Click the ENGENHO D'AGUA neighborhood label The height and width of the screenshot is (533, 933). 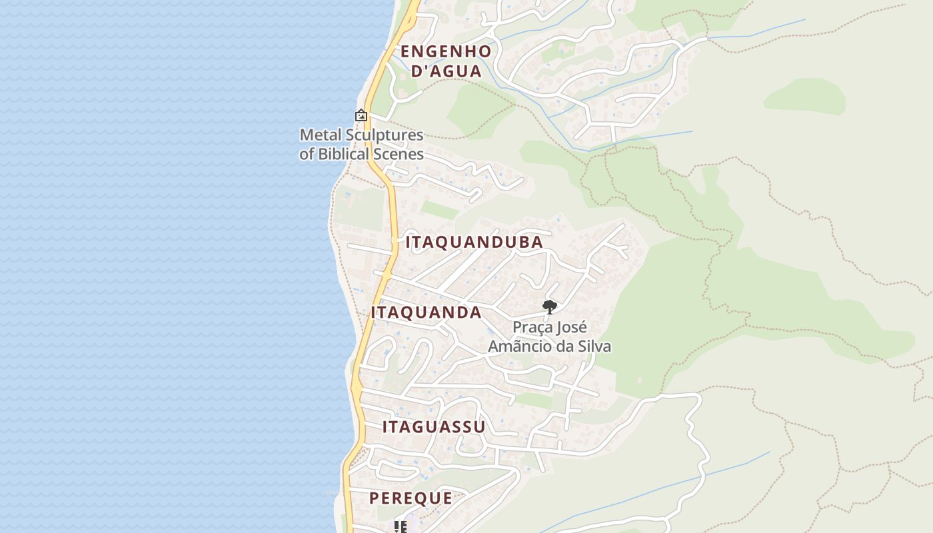point(446,61)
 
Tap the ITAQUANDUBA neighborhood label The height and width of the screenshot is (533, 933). point(474,242)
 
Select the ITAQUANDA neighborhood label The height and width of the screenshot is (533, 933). point(427,312)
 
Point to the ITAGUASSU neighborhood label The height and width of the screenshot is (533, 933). point(434,427)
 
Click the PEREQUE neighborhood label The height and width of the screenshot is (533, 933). point(411,498)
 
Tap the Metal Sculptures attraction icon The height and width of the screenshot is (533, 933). point(361,115)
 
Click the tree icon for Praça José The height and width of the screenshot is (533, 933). point(550,306)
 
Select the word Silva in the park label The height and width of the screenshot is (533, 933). point(593,346)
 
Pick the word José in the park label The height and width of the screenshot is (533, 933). point(573,328)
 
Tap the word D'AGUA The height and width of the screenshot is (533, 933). point(446,71)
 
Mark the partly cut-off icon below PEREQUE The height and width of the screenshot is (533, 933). point(401,527)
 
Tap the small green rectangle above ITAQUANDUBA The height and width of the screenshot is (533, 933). point(440,210)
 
